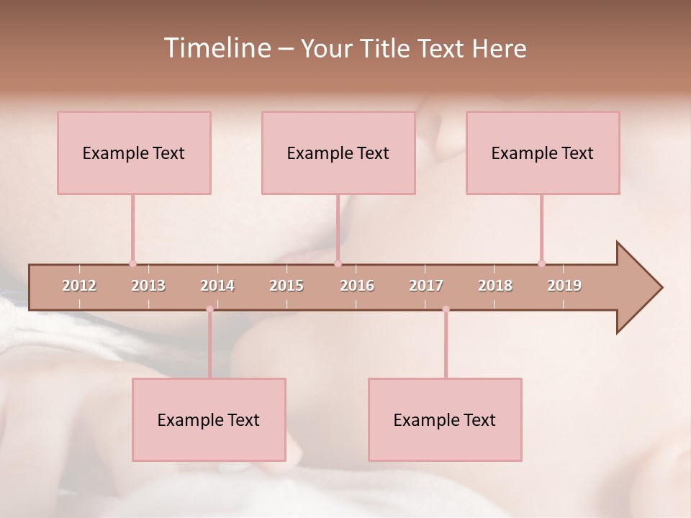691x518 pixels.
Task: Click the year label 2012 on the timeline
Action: click(79, 286)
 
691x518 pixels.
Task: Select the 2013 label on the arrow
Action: click(148, 286)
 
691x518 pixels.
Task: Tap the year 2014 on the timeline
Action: click(217, 286)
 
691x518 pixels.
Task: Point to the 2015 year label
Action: click(286, 286)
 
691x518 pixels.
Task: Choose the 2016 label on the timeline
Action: click(357, 286)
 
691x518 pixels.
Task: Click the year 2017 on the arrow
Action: click(426, 286)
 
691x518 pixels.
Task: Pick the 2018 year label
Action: click(495, 286)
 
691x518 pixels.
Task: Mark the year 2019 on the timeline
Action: click(564, 286)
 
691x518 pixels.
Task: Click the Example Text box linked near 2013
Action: click(134, 153)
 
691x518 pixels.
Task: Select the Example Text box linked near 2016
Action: click(338, 153)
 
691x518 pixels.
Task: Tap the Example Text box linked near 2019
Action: click(543, 153)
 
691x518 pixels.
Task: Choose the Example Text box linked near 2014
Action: click(209, 419)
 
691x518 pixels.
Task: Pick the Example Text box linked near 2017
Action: click(445, 419)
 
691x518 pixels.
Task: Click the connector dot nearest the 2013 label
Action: click(132, 263)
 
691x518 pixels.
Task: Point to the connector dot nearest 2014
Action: click(209, 309)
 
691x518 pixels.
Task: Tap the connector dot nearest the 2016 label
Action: click(338, 263)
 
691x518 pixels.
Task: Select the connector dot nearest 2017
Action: click(446, 309)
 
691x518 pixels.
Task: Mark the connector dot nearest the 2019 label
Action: click(541, 263)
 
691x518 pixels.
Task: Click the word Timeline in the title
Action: click(217, 48)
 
